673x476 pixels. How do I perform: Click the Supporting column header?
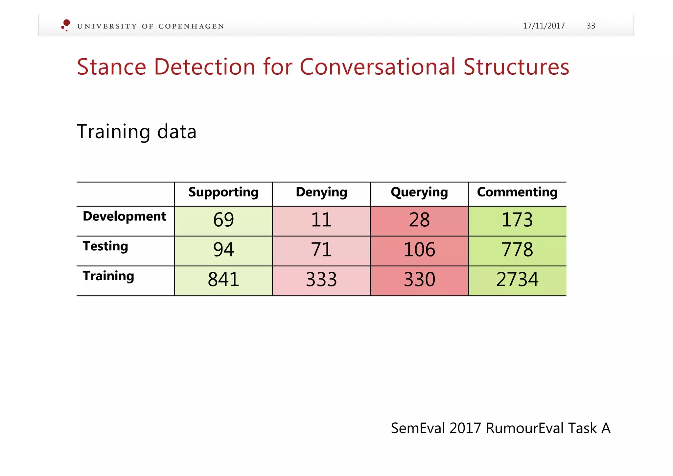coord(223,192)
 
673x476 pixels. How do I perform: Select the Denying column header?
coord(321,192)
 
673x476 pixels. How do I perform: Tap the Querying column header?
coord(419,192)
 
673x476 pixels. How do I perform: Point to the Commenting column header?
coord(517,192)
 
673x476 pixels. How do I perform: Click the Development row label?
coord(124,216)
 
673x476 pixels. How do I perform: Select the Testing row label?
coord(105,246)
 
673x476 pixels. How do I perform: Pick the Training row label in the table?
coord(108,276)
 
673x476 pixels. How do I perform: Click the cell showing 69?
coord(223,220)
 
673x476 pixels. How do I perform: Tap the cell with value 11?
coord(321,220)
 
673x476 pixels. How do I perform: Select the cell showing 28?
coord(419,220)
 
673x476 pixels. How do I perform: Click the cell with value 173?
coord(517,220)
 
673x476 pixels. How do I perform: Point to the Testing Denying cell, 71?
coord(321,250)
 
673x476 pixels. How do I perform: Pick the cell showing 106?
coord(419,250)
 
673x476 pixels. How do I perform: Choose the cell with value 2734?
coord(517,280)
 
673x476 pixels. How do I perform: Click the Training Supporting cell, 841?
coord(223,280)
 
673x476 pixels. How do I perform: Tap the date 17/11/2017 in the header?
coord(544,26)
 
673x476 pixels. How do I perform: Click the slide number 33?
coord(591,26)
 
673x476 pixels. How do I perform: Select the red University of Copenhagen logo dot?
coord(66,23)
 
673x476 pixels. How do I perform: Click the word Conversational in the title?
coord(378,67)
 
